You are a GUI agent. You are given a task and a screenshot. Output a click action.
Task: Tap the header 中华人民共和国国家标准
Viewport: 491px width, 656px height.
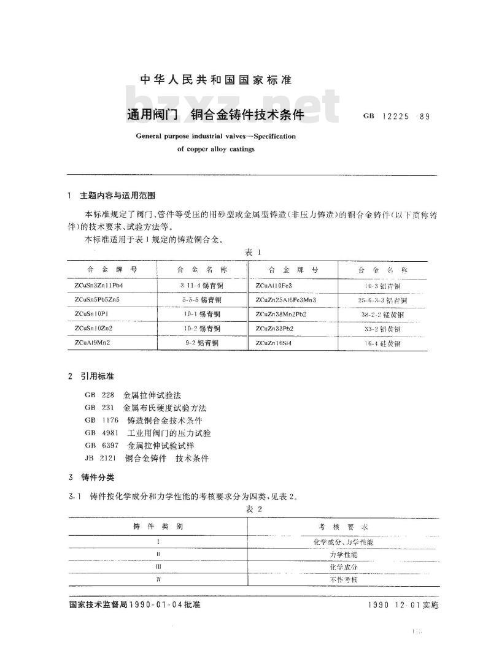pos(215,80)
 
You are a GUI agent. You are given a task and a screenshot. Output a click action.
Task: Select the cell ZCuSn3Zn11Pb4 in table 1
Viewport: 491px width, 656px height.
pos(102,286)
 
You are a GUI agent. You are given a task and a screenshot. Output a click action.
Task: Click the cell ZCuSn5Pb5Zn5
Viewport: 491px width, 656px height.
pos(100,300)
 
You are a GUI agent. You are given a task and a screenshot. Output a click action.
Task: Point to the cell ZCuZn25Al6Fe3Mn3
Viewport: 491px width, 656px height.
pos(285,300)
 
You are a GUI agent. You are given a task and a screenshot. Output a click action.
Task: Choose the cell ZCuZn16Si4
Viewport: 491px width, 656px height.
pos(274,343)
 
